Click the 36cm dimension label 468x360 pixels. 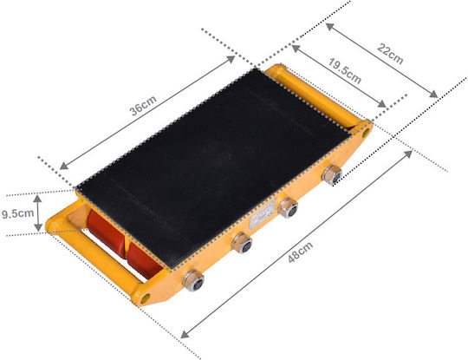[x=143, y=106]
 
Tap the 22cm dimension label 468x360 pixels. [x=390, y=54]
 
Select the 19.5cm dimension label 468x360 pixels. [x=345, y=71]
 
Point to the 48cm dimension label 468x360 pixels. [x=301, y=252]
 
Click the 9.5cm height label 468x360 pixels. [x=17, y=213]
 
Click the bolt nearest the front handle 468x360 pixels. [x=193, y=280]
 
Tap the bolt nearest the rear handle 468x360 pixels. [x=332, y=175]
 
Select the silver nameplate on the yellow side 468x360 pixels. [x=263, y=214]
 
